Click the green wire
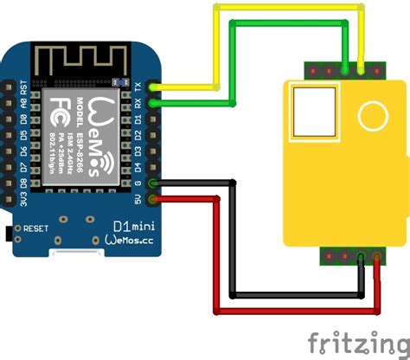[x=285, y=24]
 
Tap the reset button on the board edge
[x=10, y=231]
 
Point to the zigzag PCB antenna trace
[x=82, y=60]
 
